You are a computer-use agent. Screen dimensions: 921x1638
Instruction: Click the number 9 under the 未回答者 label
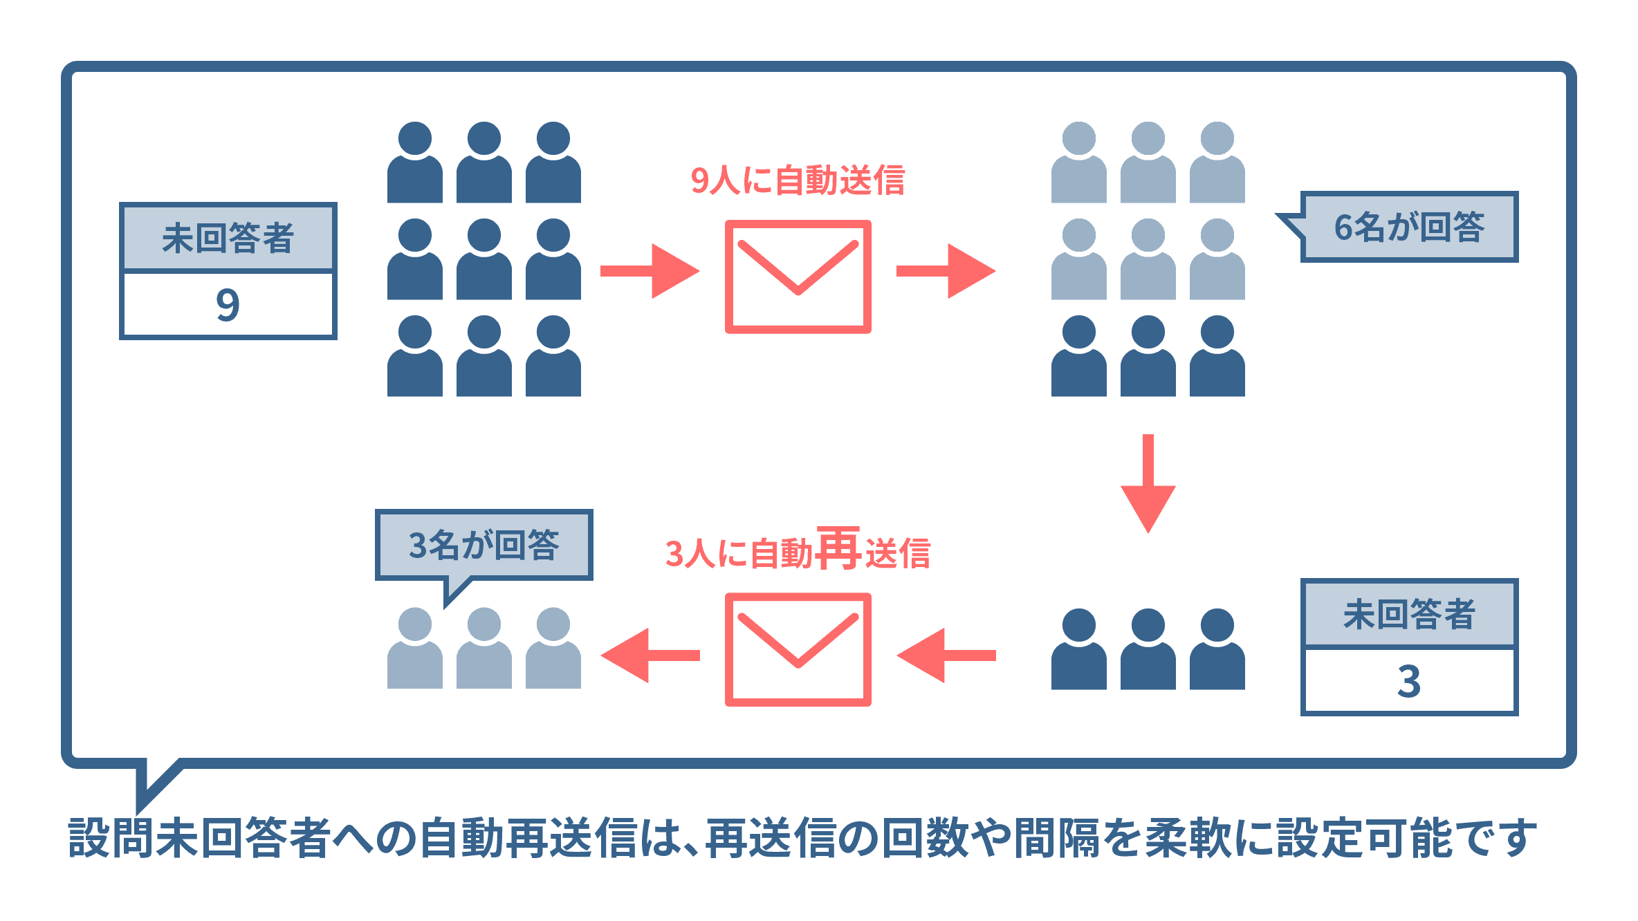[x=228, y=305]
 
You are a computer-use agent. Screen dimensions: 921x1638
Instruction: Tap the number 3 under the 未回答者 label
[x=1409, y=681]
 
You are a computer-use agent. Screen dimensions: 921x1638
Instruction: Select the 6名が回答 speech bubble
[x=1408, y=227]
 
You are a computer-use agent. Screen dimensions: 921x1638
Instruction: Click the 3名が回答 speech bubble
[x=484, y=545]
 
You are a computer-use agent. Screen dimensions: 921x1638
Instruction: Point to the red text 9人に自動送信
[x=798, y=180]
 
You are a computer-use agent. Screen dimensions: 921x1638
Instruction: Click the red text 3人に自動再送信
[x=798, y=552]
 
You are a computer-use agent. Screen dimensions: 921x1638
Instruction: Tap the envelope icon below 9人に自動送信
[x=798, y=277]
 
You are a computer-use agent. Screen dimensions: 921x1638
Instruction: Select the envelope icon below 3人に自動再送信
[x=798, y=649]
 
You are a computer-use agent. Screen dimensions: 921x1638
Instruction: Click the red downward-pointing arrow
[x=1148, y=483]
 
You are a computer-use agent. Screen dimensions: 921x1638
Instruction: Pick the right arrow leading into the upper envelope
[x=650, y=271]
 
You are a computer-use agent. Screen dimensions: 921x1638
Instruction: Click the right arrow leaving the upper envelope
[x=946, y=271]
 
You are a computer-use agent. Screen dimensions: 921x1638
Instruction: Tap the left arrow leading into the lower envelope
[x=946, y=655]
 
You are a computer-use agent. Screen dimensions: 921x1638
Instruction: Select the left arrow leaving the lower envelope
[x=650, y=655]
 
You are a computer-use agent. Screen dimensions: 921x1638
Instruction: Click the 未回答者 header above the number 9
[x=228, y=238]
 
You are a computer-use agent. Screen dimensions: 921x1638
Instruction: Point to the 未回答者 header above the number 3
[x=1409, y=614]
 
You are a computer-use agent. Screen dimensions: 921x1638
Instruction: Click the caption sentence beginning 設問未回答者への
[x=802, y=838]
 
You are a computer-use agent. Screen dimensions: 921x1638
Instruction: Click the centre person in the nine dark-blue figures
[x=484, y=259]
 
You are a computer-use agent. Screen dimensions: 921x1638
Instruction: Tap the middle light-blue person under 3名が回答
[x=484, y=648]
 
